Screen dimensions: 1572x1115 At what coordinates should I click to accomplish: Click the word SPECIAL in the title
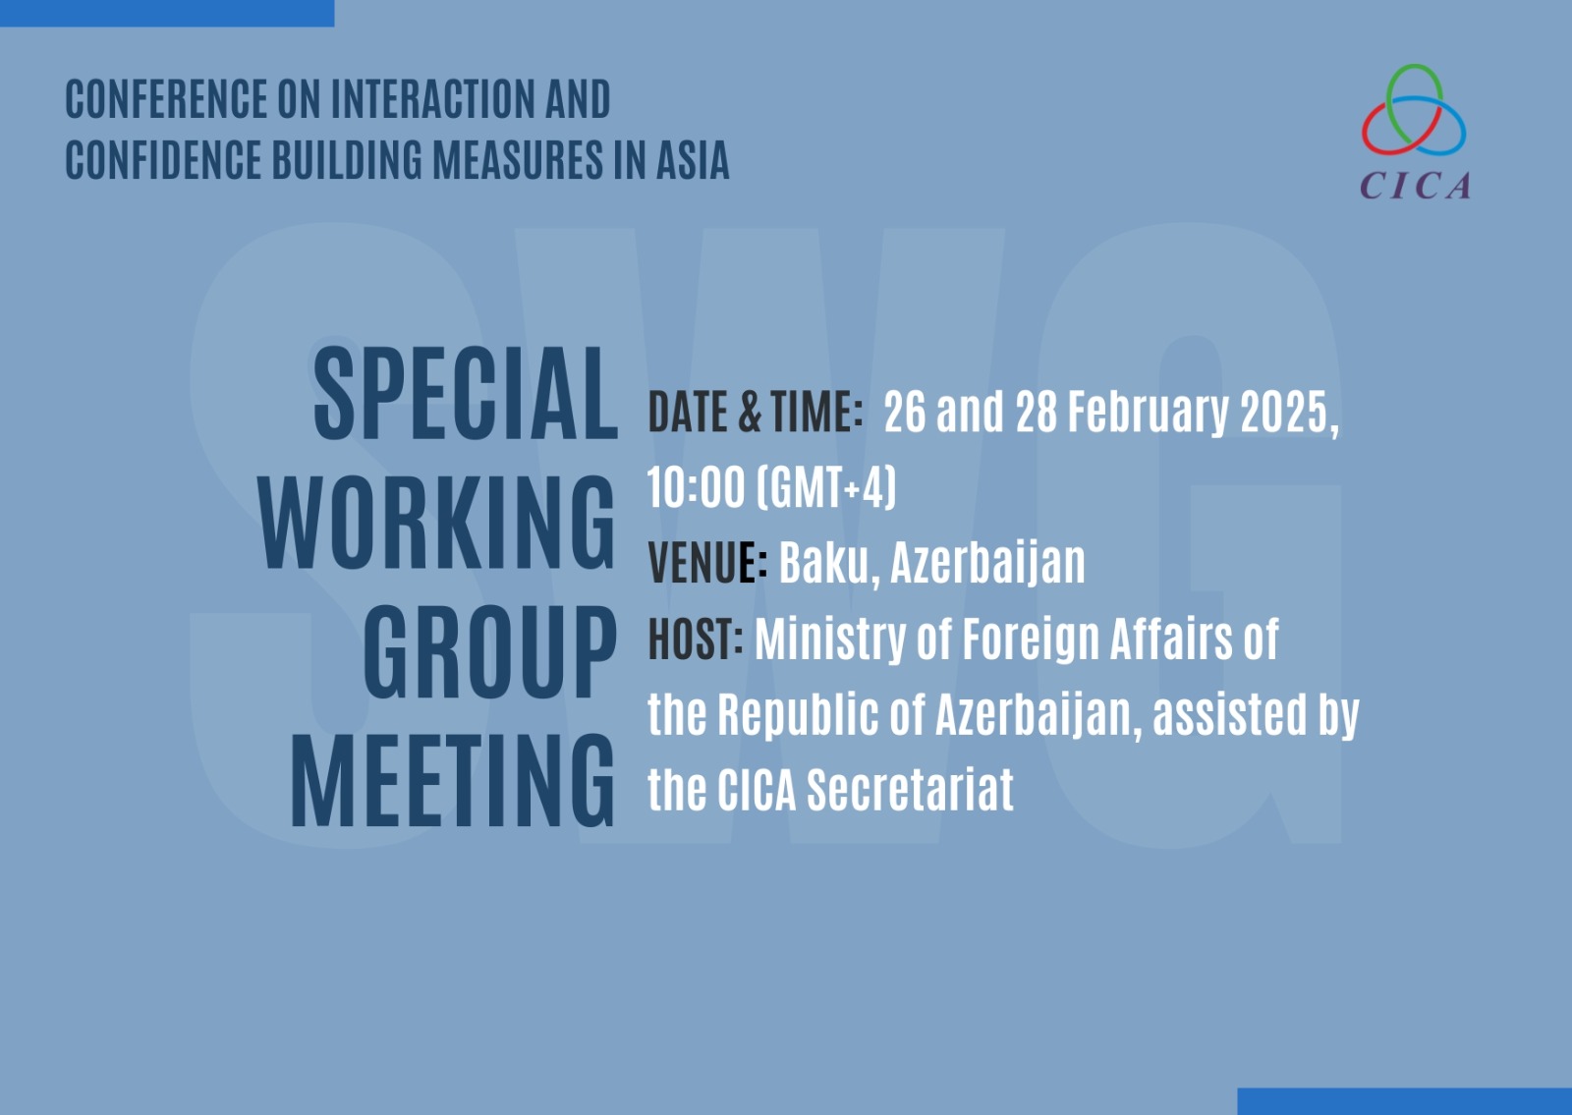coord(466,393)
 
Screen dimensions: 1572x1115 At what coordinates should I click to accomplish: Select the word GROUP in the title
coord(490,652)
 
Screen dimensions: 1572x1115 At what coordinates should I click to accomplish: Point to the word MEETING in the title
coord(453,781)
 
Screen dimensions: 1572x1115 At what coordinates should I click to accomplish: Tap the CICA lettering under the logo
coord(1415,186)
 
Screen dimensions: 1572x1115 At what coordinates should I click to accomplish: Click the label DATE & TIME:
coord(756,412)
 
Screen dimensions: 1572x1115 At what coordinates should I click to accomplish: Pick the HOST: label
coord(696,638)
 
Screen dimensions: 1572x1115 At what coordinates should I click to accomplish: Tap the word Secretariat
coord(910,790)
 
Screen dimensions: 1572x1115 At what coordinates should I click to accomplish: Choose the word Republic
coord(798,715)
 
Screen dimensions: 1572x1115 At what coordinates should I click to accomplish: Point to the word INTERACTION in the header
coord(432,99)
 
